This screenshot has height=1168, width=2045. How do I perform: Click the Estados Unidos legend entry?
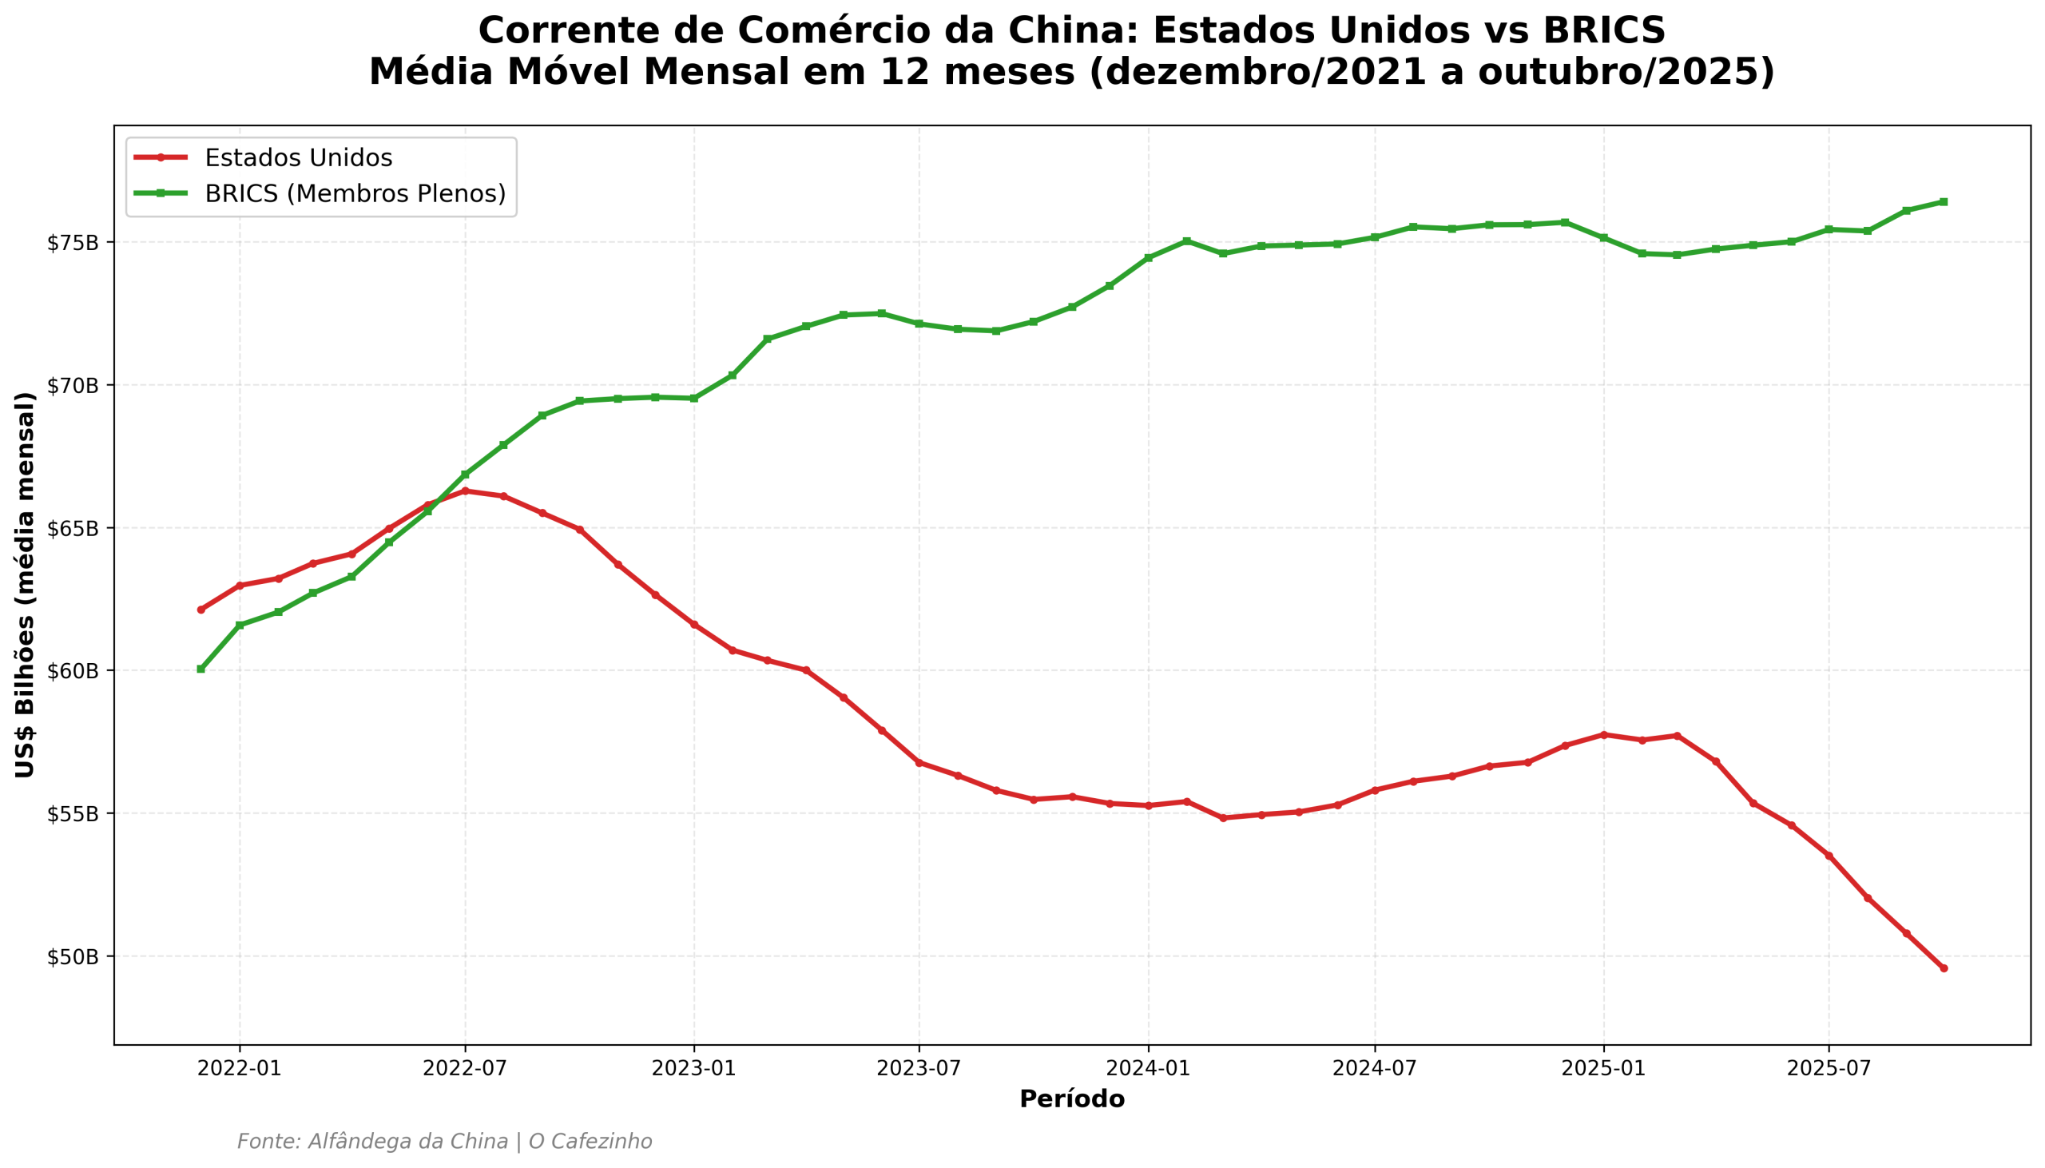(x=297, y=158)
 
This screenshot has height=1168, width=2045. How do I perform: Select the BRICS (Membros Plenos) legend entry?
(x=355, y=194)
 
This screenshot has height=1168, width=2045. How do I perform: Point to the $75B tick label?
(x=72, y=243)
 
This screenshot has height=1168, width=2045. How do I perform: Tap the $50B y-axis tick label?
(x=72, y=957)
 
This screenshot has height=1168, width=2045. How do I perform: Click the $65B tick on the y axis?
(x=72, y=529)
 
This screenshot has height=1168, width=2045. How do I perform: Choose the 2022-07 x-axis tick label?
(x=464, y=1068)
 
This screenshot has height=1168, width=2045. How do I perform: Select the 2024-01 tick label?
(x=1148, y=1068)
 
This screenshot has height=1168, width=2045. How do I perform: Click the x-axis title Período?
(x=1071, y=1100)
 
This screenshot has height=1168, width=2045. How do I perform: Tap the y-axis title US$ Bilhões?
(x=26, y=585)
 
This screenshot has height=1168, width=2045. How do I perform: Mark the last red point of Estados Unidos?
(x=1944, y=968)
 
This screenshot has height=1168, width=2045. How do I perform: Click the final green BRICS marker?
(x=1944, y=202)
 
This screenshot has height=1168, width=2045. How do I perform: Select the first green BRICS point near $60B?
(x=201, y=669)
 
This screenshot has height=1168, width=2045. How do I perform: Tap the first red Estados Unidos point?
(x=201, y=610)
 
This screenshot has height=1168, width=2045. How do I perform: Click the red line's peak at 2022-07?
(x=464, y=491)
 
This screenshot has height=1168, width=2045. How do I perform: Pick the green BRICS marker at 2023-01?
(x=693, y=399)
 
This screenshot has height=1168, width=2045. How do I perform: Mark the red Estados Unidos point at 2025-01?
(x=1604, y=735)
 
